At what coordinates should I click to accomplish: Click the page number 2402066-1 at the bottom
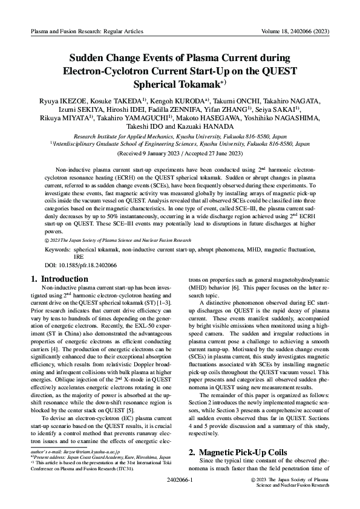(179, 479)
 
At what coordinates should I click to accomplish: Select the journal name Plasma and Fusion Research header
(73, 28)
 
